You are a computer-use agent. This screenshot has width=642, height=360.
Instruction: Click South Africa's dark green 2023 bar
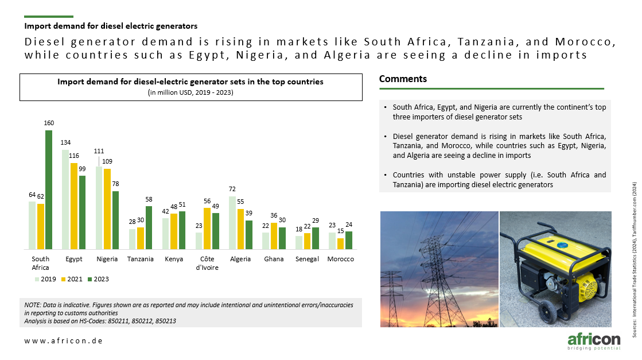pyautogui.click(x=49, y=189)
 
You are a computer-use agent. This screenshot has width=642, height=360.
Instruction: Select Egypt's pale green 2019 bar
pyautogui.click(x=65, y=199)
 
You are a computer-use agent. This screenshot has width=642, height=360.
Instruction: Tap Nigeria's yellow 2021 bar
pyautogui.click(x=107, y=209)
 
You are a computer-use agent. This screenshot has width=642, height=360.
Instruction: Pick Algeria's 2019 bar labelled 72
pyautogui.click(x=232, y=223)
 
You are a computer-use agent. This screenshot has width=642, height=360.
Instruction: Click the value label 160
pyautogui.click(x=49, y=123)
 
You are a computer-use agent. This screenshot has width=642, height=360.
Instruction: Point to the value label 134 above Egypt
pyautogui.click(x=65, y=142)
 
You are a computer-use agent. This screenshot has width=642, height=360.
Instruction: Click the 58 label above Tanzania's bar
pyautogui.click(x=149, y=199)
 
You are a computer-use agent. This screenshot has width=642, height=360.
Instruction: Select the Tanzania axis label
pyautogui.click(x=141, y=259)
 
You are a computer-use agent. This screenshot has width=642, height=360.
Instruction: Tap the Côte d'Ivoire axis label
pyautogui.click(x=207, y=263)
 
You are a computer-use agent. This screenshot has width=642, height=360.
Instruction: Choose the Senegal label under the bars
pyautogui.click(x=307, y=259)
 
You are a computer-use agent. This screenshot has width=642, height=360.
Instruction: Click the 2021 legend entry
pyautogui.click(x=72, y=279)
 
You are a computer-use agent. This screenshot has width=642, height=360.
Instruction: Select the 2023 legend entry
pyautogui.click(x=98, y=279)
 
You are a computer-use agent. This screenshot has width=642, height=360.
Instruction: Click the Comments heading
pyautogui.click(x=403, y=79)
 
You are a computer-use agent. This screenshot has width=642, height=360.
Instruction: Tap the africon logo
pyautogui.click(x=594, y=341)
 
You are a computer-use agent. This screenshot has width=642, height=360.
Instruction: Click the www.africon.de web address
pyautogui.click(x=64, y=340)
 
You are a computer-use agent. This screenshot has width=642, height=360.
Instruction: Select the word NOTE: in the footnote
pyautogui.click(x=33, y=305)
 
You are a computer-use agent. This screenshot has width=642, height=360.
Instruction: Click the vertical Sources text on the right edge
pyautogui.click(x=634, y=260)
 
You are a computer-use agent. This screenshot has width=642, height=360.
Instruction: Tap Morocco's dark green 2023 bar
pyautogui.click(x=349, y=241)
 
